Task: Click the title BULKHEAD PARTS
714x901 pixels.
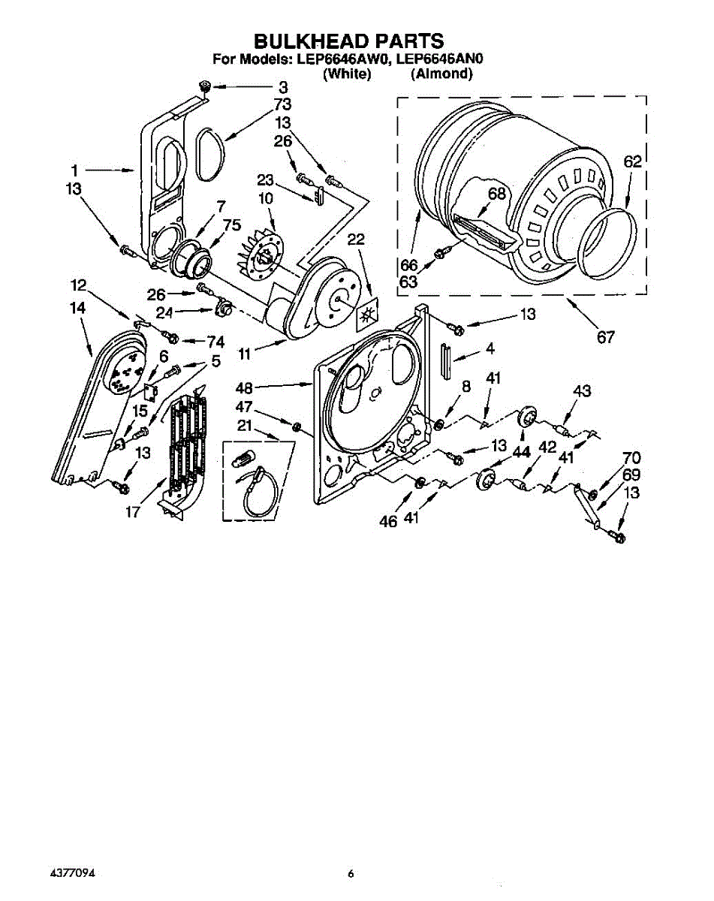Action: coord(347,41)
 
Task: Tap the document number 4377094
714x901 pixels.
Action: coord(73,874)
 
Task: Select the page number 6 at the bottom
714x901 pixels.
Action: coord(351,874)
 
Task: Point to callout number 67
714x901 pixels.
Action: coord(605,337)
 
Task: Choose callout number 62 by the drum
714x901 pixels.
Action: coord(633,161)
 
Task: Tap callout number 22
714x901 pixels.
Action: coord(356,240)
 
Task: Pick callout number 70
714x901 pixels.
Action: coord(631,457)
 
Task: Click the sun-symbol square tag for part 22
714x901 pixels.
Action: coord(367,315)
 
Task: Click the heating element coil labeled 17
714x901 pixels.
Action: coord(182,450)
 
